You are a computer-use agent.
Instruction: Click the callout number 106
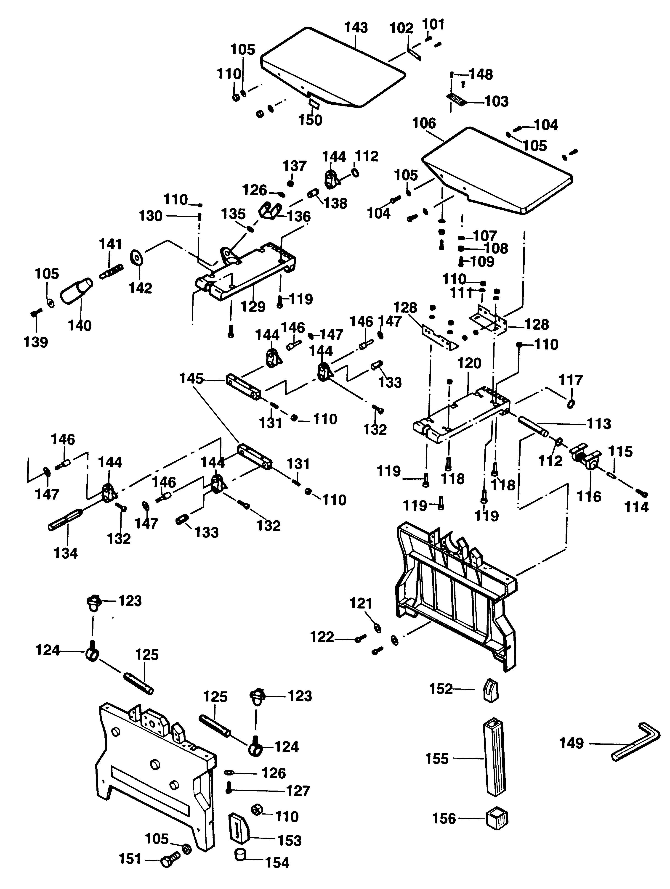(x=424, y=123)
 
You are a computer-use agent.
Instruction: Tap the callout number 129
(x=253, y=307)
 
